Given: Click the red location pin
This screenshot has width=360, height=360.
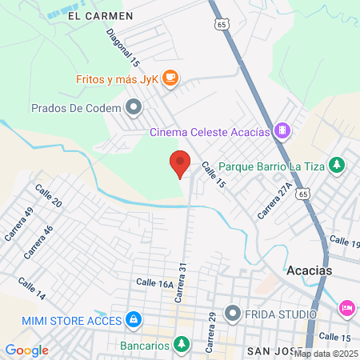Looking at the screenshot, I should (x=180, y=163).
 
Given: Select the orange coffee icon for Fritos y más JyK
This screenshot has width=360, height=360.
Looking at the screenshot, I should (x=170, y=78).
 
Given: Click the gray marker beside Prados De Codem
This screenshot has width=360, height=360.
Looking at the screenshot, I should (x=133, y=106).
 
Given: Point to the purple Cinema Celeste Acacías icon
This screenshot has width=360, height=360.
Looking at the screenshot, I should (x=281, y=130).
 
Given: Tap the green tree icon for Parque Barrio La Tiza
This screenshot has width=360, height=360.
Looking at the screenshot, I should (x=338, y=165).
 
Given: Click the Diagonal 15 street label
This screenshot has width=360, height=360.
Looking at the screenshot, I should (x=124, y=48).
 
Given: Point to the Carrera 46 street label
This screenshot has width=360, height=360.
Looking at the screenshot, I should (x=38, y=241).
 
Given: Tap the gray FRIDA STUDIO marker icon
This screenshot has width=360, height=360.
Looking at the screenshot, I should (x=233, y=312).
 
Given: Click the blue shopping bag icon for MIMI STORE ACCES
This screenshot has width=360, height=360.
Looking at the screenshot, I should (x=133, y=321).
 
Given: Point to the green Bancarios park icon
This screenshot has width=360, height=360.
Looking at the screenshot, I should (x=182, y=345).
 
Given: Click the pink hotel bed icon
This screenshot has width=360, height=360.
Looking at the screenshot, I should (x=347, y=307).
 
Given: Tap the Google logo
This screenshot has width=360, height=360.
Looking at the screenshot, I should (x=26, y=350).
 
